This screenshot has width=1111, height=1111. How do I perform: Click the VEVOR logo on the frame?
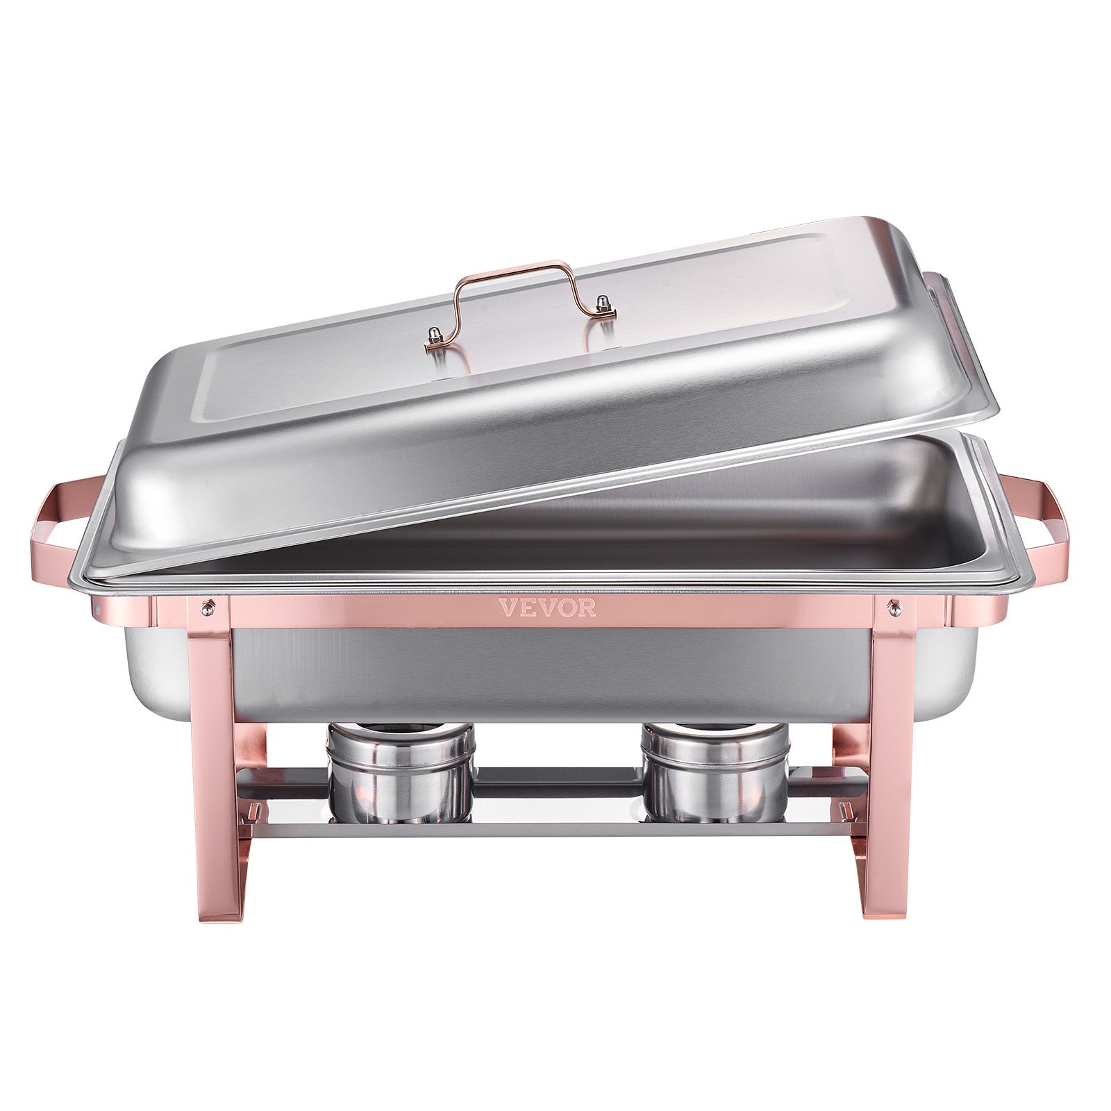pyautogui.click(x=547, y=608)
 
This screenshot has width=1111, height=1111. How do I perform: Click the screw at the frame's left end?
pyautogui.click(x=207, y=608)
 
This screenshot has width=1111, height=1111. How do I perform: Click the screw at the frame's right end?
pyautogui.click(x=896, y=609)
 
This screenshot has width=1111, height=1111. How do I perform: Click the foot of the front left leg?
pyautogui.click(x=215, y=910)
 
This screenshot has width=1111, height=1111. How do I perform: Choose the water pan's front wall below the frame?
pyautogui.click(x=549, y=670)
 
